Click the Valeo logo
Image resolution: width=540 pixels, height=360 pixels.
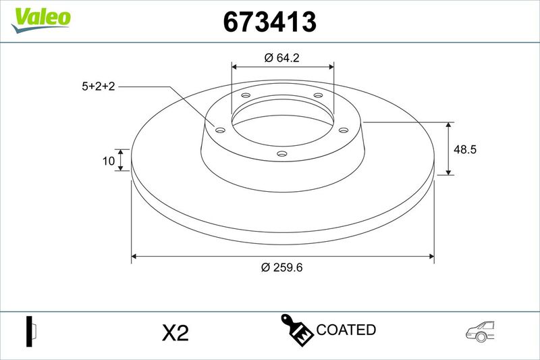pyautogui.click(x=40, y=20)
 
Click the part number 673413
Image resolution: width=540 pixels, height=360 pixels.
pyautogui.click(x=269, y=22)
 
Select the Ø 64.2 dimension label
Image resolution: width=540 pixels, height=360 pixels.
pyautogui.click(x=281, y=57)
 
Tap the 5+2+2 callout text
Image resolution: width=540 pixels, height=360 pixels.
pyautogui.click(x=98, y=86)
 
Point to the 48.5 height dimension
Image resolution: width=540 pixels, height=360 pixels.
pyautogui.click(x=465, y=149)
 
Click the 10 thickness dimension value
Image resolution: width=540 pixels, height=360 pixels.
pyautogui.click(x=109, y=161)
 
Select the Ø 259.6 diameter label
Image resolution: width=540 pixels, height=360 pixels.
pyautogui.click(x=281, y=267)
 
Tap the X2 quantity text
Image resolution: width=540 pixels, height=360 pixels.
pyautogui.click(x=175, y=333)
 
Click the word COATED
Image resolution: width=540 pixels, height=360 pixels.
pyautogui.click(x=346, y=330)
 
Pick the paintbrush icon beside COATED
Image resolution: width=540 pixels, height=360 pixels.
pyautogui.click(x=296, y=329)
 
